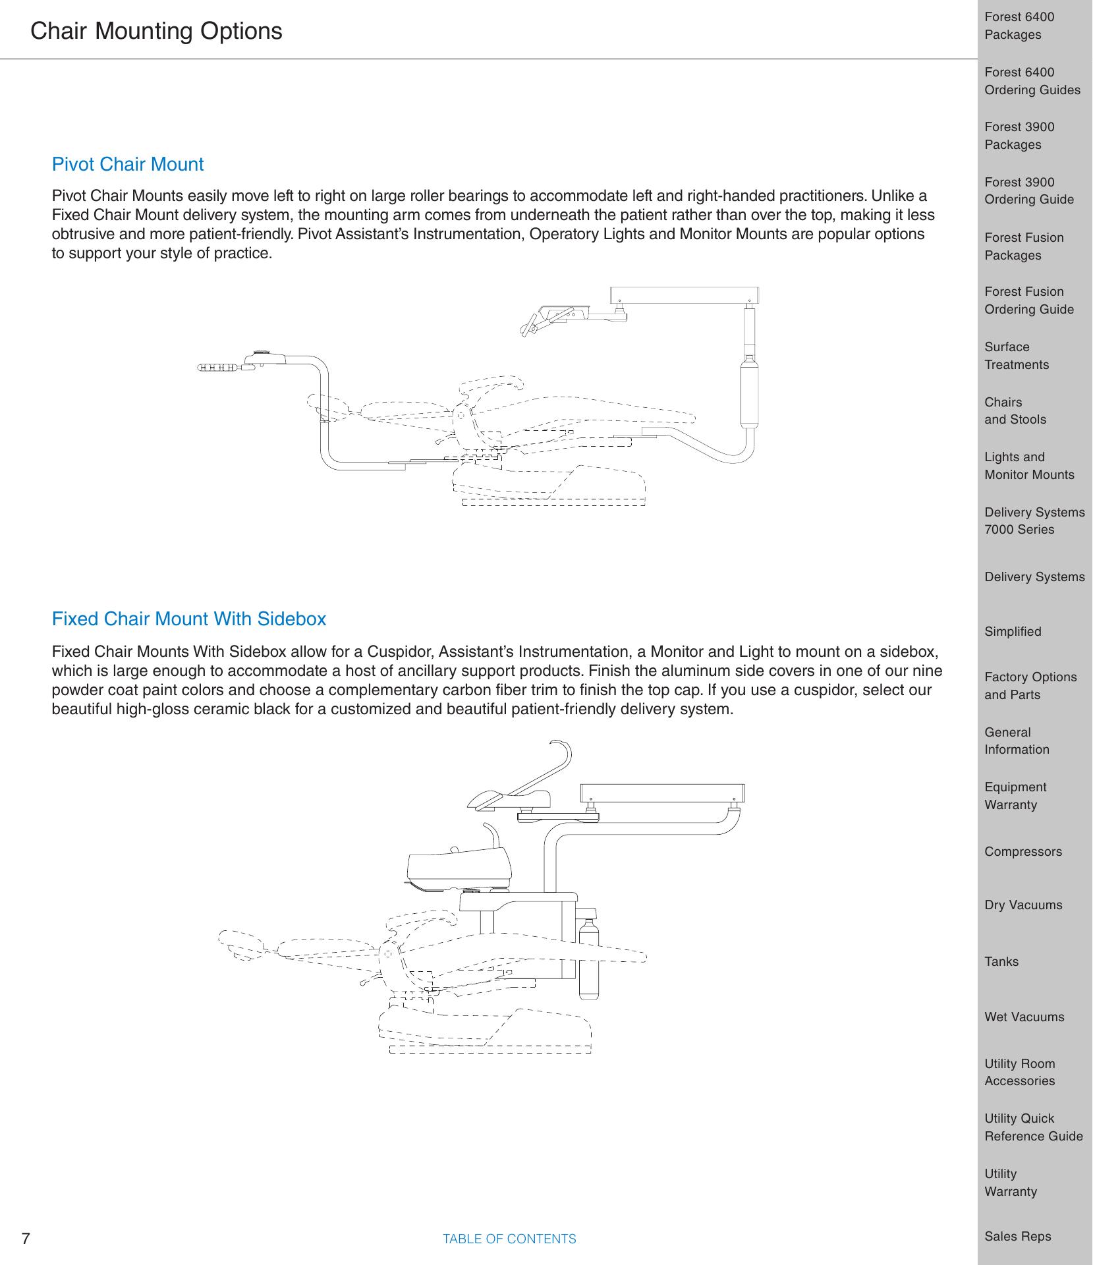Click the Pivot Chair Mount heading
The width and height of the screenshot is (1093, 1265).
128,165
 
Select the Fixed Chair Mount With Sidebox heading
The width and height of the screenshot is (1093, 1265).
189,619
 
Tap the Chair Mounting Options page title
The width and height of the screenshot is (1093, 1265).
156,31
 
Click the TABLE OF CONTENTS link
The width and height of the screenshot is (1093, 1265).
509,1239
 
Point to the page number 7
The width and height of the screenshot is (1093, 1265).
26,1239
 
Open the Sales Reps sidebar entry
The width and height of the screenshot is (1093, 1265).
1018,1237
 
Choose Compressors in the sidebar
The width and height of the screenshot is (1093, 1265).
1023,852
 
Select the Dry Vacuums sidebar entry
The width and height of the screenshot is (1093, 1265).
1023,905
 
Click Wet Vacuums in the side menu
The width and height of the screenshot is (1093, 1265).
1024,1017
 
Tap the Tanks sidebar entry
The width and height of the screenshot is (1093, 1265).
1001,962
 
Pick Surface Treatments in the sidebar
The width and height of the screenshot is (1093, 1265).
1017,356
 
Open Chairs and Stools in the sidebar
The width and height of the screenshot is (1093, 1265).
1015,411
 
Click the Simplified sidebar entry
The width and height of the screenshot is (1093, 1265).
1013,632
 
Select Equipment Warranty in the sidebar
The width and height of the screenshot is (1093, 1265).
1015,796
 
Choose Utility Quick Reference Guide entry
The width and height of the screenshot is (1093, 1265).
1034,1127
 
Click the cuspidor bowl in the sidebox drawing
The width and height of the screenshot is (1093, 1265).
460,868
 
